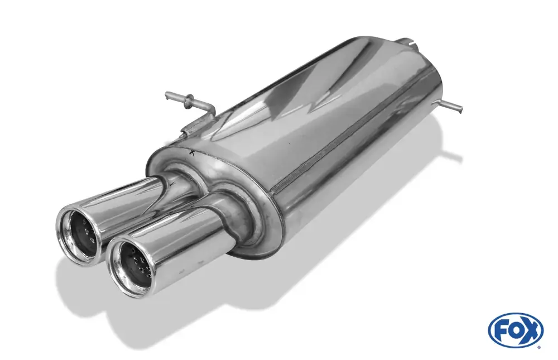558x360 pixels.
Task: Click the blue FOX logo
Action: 516,329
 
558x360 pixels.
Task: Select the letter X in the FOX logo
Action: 531,330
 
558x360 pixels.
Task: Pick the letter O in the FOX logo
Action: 515,330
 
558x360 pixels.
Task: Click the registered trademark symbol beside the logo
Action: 539,347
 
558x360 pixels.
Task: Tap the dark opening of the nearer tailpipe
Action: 133,264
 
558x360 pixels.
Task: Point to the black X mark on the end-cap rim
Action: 193,153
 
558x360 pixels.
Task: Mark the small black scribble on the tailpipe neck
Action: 172,184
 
